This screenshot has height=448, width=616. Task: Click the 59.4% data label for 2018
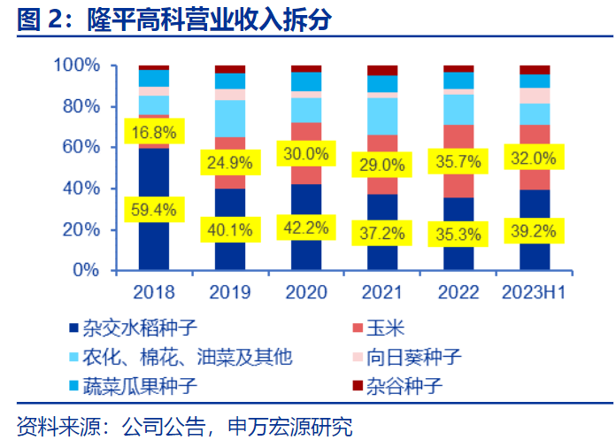click(154, 211)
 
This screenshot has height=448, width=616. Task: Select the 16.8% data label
click(154, 134)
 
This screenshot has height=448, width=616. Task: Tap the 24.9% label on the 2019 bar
click(229, 163)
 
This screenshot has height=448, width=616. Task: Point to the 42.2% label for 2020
click(305, 228)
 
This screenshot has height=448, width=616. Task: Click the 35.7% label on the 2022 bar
click(458, 162)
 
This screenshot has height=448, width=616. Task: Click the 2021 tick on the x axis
click(381, 292)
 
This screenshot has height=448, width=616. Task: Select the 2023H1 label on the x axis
click(534, 292)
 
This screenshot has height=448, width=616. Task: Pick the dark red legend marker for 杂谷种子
click(358, 386)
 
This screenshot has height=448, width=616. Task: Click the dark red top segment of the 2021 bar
click(382, 71)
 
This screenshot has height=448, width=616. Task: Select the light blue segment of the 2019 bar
click(230, 118)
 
